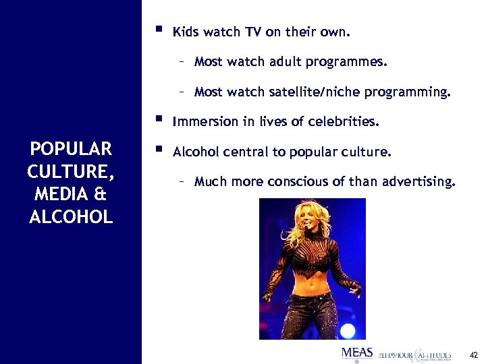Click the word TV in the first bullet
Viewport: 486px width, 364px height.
point(245,32)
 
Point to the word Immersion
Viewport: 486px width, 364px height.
point(200,122)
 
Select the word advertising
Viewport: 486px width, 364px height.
point(423,182)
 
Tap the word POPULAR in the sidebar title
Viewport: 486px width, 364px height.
point(70,149)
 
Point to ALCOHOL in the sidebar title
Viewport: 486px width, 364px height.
point(70,217)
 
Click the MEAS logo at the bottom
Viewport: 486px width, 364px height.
point(356,353)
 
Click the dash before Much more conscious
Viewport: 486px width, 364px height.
point(182,182)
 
